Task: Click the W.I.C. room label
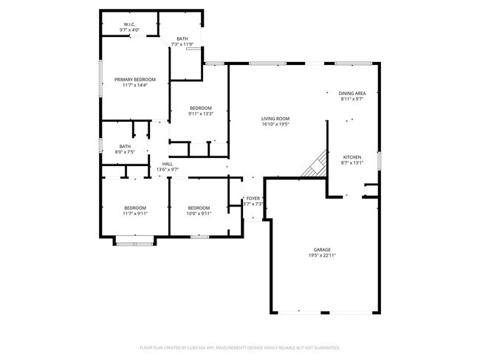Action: [x=129, y=24]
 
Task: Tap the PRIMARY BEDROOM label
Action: [x=135, y=79]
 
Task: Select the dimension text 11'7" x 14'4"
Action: [x=135, y=86]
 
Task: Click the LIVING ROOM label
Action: [x=275, y=118]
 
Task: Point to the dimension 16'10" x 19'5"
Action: [x=275, y=125]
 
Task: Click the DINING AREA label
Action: [x=352, y=93]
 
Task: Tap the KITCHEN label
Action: [x=352, y=158]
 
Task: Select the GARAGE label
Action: [x=321, y=249]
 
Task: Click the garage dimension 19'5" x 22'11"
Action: [x=321, y=256]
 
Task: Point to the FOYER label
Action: [x=253, y=198]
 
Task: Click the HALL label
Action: [x=168, y=164]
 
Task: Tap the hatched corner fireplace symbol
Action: [x=316, y=165]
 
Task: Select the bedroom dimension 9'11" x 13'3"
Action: [x=200, y=114]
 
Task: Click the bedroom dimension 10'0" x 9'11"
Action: [x=199, y=214]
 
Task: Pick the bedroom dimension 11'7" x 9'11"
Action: [x=135, y=214]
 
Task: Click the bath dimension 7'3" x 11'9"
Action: [x=182, y=45]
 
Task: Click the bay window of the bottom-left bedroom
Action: [x=134, y=240]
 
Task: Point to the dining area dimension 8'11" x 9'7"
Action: [x=352, y=100]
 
